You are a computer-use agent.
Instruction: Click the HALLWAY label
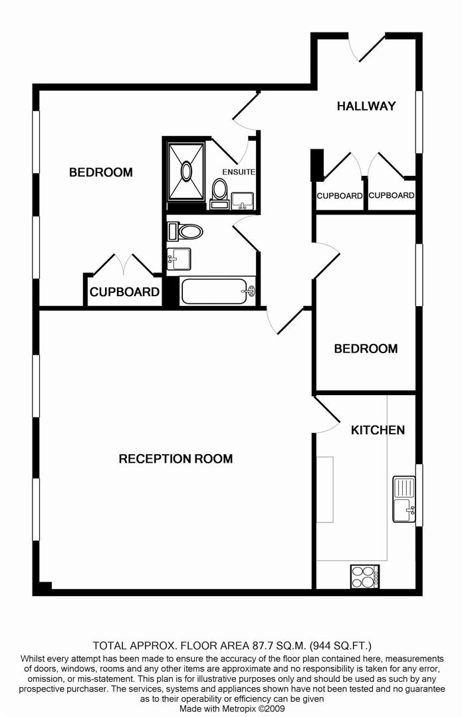coord(366,106)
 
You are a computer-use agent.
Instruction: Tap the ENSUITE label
coord(239,172)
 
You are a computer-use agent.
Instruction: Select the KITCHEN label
coord(378,430)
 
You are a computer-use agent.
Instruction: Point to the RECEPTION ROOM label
coord(176,459)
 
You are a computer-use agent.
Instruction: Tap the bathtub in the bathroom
coord(219,291)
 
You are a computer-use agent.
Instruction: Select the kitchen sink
coord(404,499)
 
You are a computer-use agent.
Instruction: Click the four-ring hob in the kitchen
coord(364,577)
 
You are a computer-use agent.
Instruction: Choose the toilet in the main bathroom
coord(185,232)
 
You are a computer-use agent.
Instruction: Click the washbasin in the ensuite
coord(243,200)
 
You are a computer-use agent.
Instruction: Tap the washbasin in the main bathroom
coord(179,259)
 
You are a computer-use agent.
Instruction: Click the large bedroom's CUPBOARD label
coord(124,292)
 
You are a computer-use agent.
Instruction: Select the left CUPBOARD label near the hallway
coord(340,196)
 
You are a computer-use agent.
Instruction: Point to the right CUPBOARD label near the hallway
coord(391,195)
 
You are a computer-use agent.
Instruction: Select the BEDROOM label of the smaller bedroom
coord(366,349)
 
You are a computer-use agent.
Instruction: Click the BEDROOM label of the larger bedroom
coord(101,173)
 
